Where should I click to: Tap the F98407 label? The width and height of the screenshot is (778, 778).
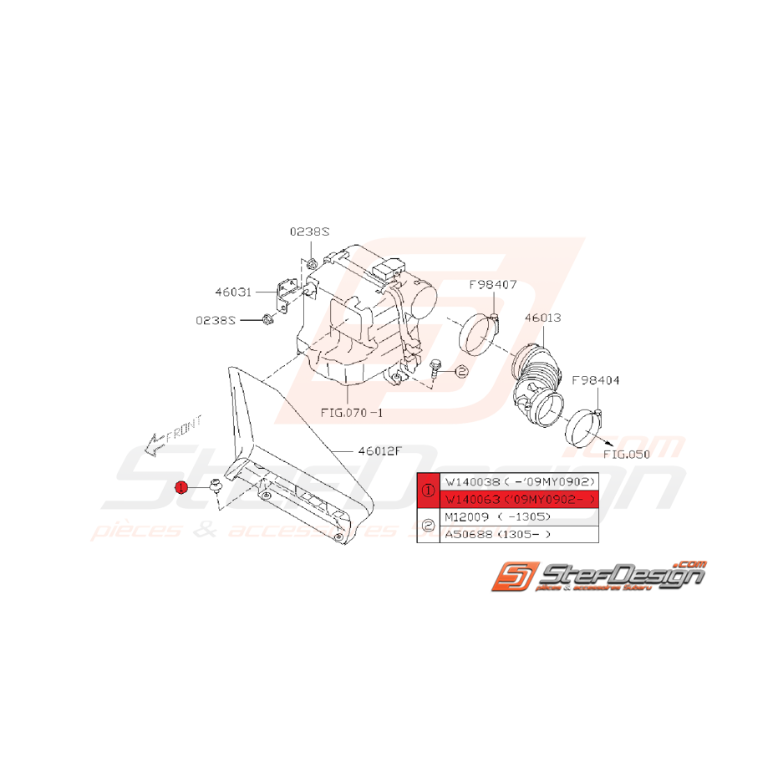point(492,286)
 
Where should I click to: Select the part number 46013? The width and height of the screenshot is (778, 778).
point(542,318)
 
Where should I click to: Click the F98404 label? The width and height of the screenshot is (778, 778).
point(597,380)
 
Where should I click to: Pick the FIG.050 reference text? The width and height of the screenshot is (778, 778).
point(625,455)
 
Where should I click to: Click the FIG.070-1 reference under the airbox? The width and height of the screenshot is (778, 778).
point(353,414)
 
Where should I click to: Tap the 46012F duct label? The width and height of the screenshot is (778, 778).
point(380,450)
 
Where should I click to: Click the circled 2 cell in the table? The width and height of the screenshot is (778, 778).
point(428,526)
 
